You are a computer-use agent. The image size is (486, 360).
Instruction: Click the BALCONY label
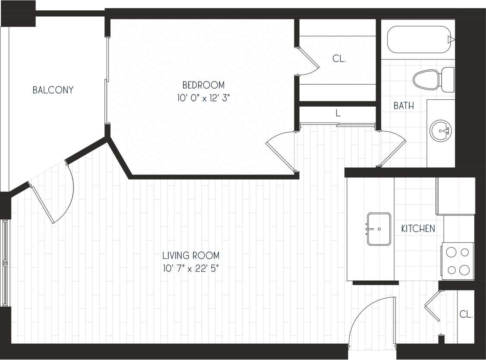[53, 90]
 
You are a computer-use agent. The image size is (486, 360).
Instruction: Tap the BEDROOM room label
[203, 85]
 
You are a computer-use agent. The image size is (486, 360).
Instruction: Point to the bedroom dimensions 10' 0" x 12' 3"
[203, 98]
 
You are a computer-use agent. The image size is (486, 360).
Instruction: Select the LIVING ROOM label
[191, 255]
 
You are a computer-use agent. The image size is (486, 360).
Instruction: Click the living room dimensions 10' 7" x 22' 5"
[191, 268]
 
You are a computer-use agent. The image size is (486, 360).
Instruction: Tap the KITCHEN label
[418, 229]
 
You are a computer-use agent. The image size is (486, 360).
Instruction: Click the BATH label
[404, 106]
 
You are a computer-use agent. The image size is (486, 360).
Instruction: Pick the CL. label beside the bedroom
[339, 59]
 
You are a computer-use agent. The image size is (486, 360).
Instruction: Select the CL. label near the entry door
[466, 315]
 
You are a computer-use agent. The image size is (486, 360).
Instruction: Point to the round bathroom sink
[441, 130]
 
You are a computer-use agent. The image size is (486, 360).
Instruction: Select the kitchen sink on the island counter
[379, 229]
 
